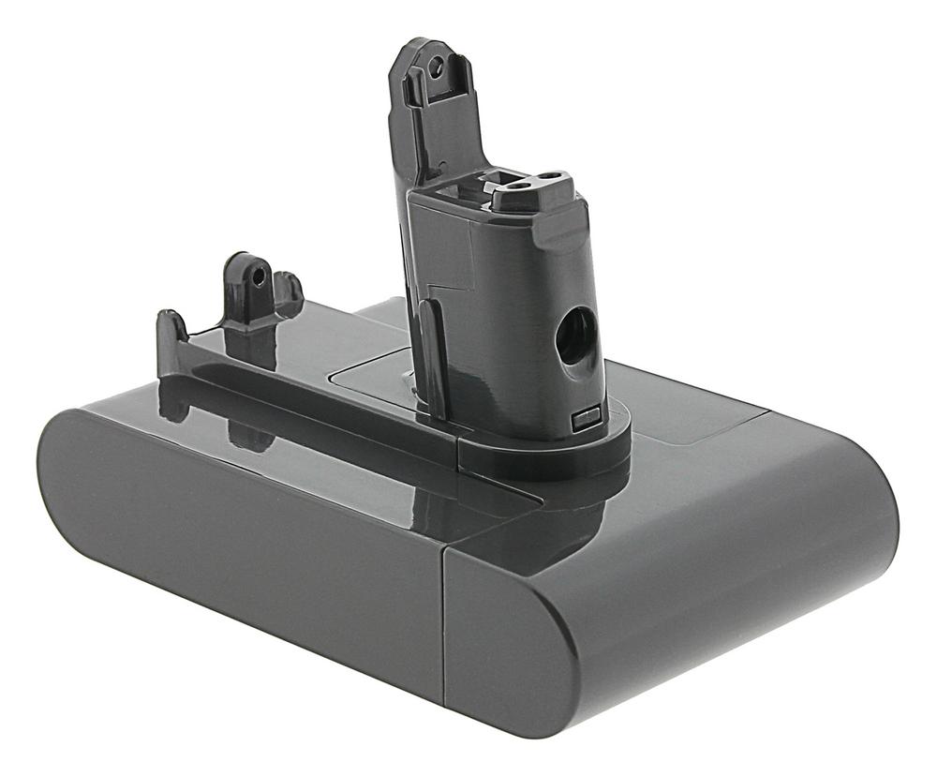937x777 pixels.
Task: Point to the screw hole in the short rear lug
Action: pos(257,278)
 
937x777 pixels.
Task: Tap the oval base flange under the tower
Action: pos(543,450)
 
